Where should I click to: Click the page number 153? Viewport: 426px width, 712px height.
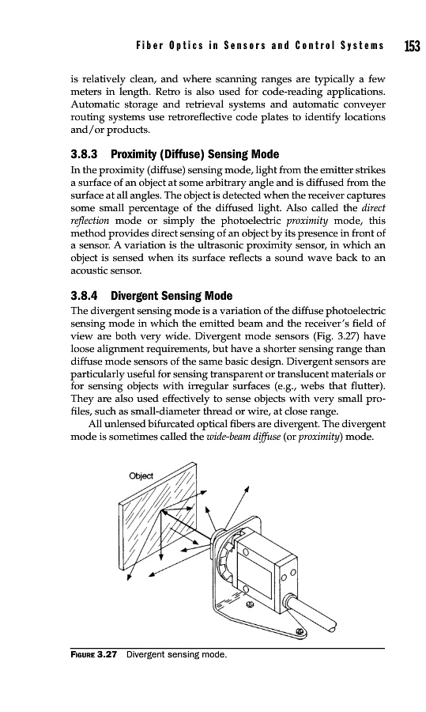coord(412,45)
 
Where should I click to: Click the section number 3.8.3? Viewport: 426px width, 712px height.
coord(85,154)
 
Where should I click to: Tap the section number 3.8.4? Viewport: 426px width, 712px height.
coord(85,296)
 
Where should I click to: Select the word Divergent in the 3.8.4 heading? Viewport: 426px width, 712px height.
coord(134,297)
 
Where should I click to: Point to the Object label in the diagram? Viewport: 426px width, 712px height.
coord(141,476)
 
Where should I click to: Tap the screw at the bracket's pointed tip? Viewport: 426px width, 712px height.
coord(299,631)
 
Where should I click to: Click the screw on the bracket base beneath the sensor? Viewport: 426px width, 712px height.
coord(249,604)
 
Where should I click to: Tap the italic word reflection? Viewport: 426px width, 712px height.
coord(90,222)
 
